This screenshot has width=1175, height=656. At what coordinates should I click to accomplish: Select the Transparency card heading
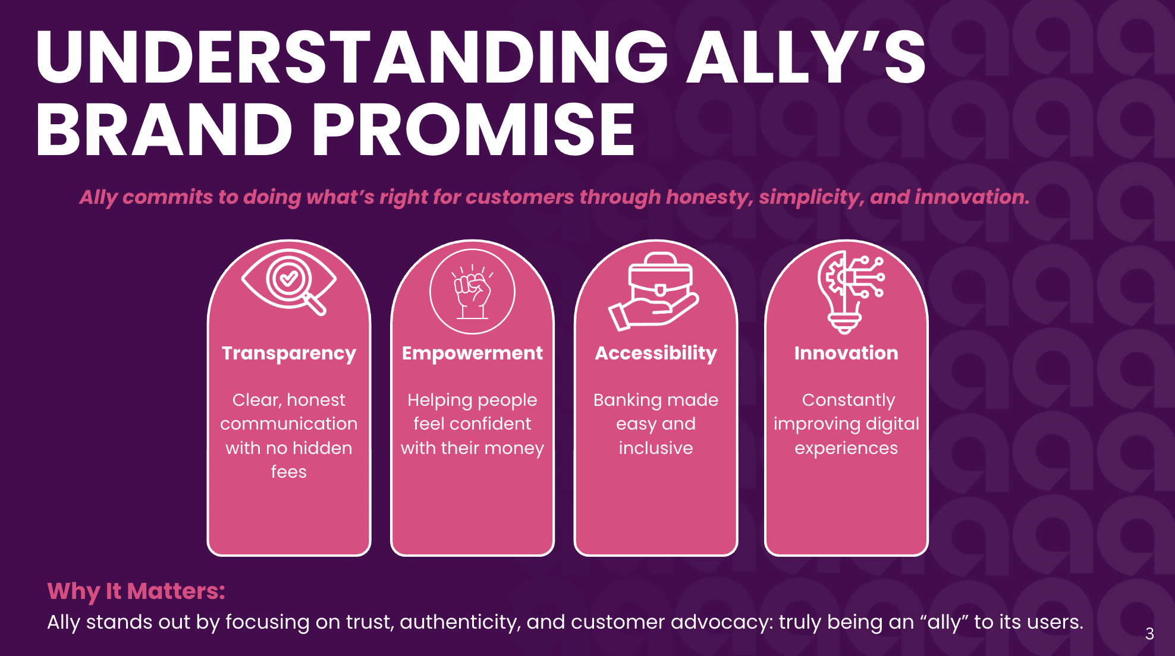[289, 353]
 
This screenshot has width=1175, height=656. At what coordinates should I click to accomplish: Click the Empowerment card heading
[472, 353]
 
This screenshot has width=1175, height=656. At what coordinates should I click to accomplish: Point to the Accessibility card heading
[656, 353]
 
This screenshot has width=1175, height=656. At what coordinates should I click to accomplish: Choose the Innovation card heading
[846, 353]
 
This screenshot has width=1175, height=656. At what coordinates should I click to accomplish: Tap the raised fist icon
[472, 291]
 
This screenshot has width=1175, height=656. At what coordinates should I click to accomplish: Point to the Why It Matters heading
[136, 591]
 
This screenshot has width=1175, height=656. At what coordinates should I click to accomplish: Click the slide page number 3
[1149, 634]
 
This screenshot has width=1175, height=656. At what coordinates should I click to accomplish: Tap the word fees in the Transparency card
[289, 472]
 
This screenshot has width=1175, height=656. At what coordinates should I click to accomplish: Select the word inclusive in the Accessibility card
[656, 448]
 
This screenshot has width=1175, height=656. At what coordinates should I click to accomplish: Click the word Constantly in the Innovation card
[848, 400]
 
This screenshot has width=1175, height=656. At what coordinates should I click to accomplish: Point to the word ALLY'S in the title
[806, 56]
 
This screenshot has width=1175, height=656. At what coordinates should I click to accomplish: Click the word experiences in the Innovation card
[846, 448]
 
